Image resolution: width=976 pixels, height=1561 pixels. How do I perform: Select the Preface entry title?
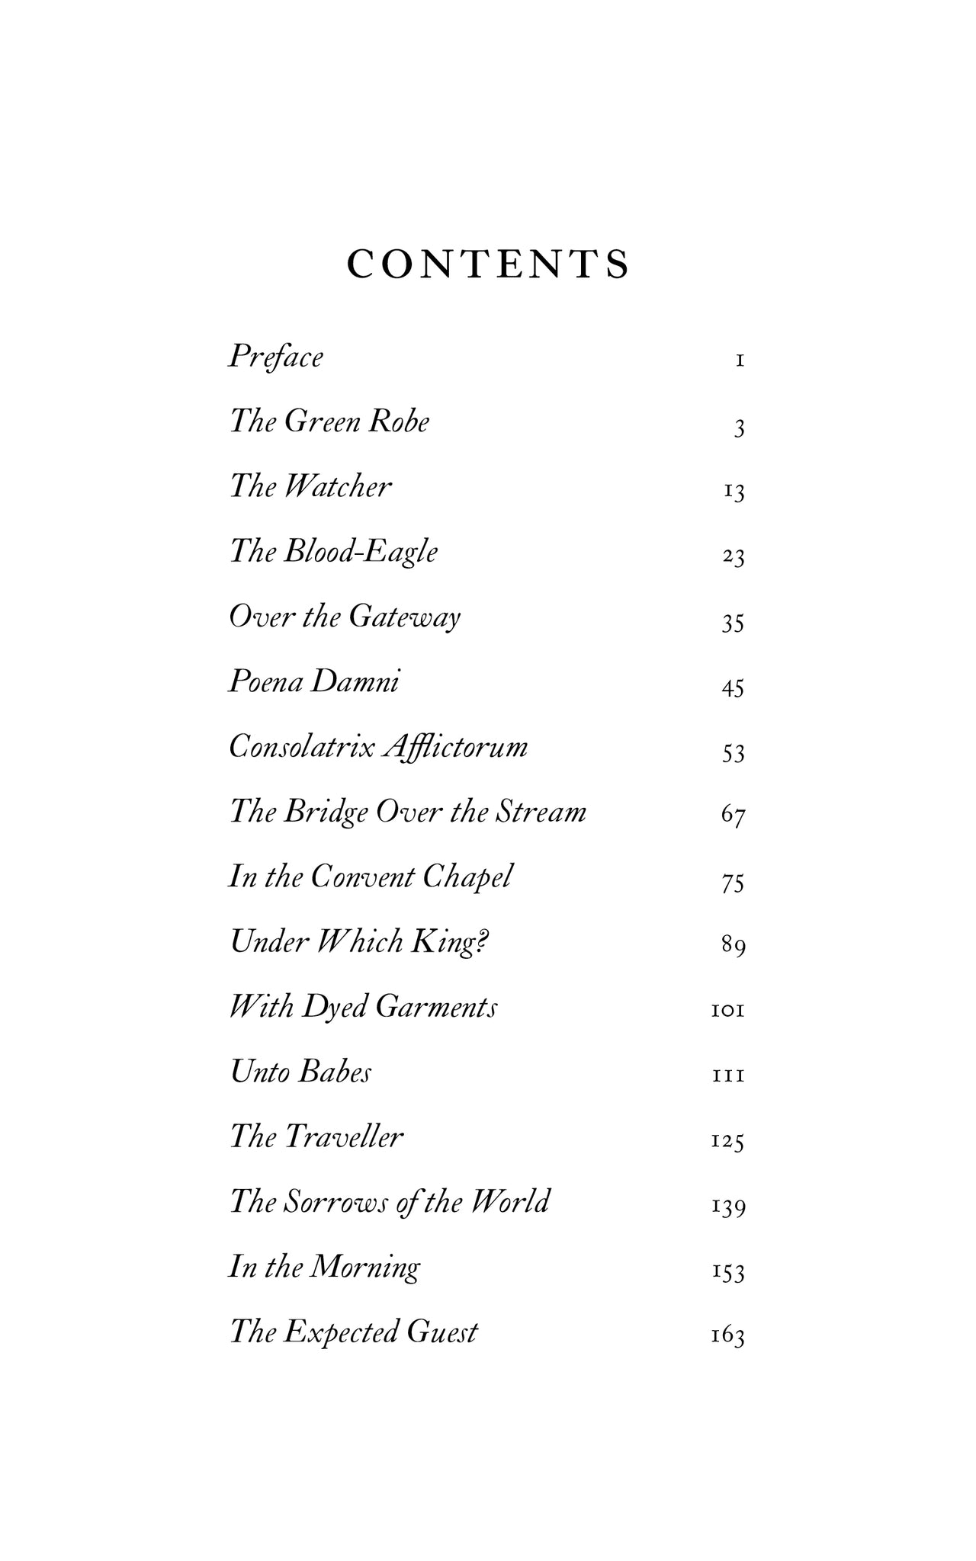coord(276,357)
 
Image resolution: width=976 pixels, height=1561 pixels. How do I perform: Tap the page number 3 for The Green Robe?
coord(738,429)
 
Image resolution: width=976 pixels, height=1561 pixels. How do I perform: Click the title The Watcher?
coord(310,486)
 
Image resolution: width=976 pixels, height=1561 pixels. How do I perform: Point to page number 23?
coord(733,558)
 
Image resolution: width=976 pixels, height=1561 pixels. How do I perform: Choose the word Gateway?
coord(404,617)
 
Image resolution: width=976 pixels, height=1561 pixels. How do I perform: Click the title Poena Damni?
coord(313,681)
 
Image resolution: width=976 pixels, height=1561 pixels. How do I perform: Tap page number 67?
coord(733,816)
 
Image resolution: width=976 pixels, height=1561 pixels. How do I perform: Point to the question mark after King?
coord(483,942)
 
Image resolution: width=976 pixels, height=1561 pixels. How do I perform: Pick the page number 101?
coord(727,1011)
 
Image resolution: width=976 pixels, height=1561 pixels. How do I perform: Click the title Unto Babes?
coord(300,1072)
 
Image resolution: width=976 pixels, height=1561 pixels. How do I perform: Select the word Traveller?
coord(343,1137)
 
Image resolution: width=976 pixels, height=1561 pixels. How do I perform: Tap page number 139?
coord(727,1207)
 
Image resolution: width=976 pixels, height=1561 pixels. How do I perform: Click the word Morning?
coord(366,1268)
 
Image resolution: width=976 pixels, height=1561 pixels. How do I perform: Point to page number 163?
coord(727,1336)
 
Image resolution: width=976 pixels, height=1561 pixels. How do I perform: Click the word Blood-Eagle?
coord(361,552)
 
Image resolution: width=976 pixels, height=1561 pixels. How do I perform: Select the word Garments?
coord(437,1008)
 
